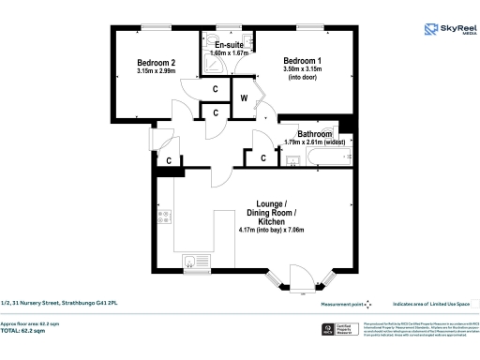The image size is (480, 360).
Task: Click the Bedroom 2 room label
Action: (156, 62)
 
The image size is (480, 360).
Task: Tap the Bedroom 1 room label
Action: (304, 60)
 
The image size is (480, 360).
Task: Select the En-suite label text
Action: (231, 45)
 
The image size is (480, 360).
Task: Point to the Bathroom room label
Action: (315, 134)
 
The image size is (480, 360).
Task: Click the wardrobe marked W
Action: (244, 97)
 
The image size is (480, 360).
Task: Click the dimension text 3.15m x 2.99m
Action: (156, 71)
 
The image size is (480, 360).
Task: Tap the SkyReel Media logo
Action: (448, 31)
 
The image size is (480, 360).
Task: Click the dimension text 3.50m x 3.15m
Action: (304, 69)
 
